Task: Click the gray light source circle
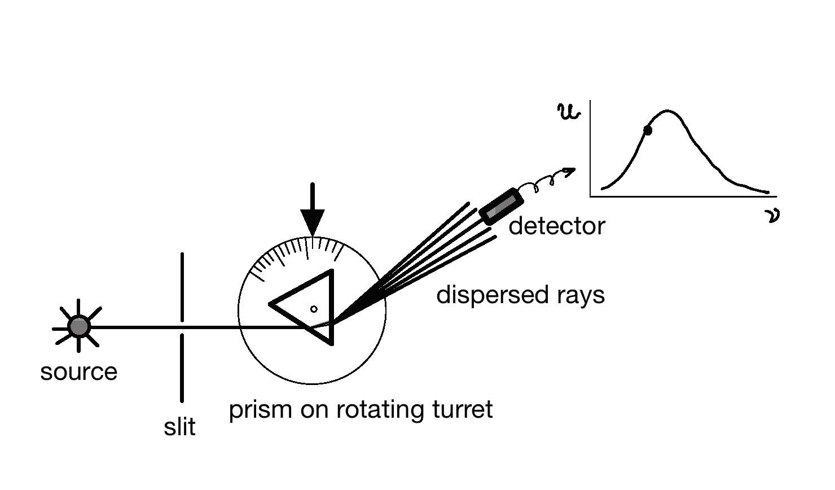(x=79, y=326)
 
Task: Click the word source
(x=79, y=372)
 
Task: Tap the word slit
(x=179, y=427)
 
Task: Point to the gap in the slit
(x=182, y=328)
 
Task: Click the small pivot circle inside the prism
(x=314, y=309)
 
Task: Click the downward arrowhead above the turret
(x=312, y=222)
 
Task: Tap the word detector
(x=556, y=226)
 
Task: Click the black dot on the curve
(x=648, y=130)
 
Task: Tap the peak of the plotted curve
(x=667, y=111)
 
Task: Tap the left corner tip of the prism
(x=271, y=304)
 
